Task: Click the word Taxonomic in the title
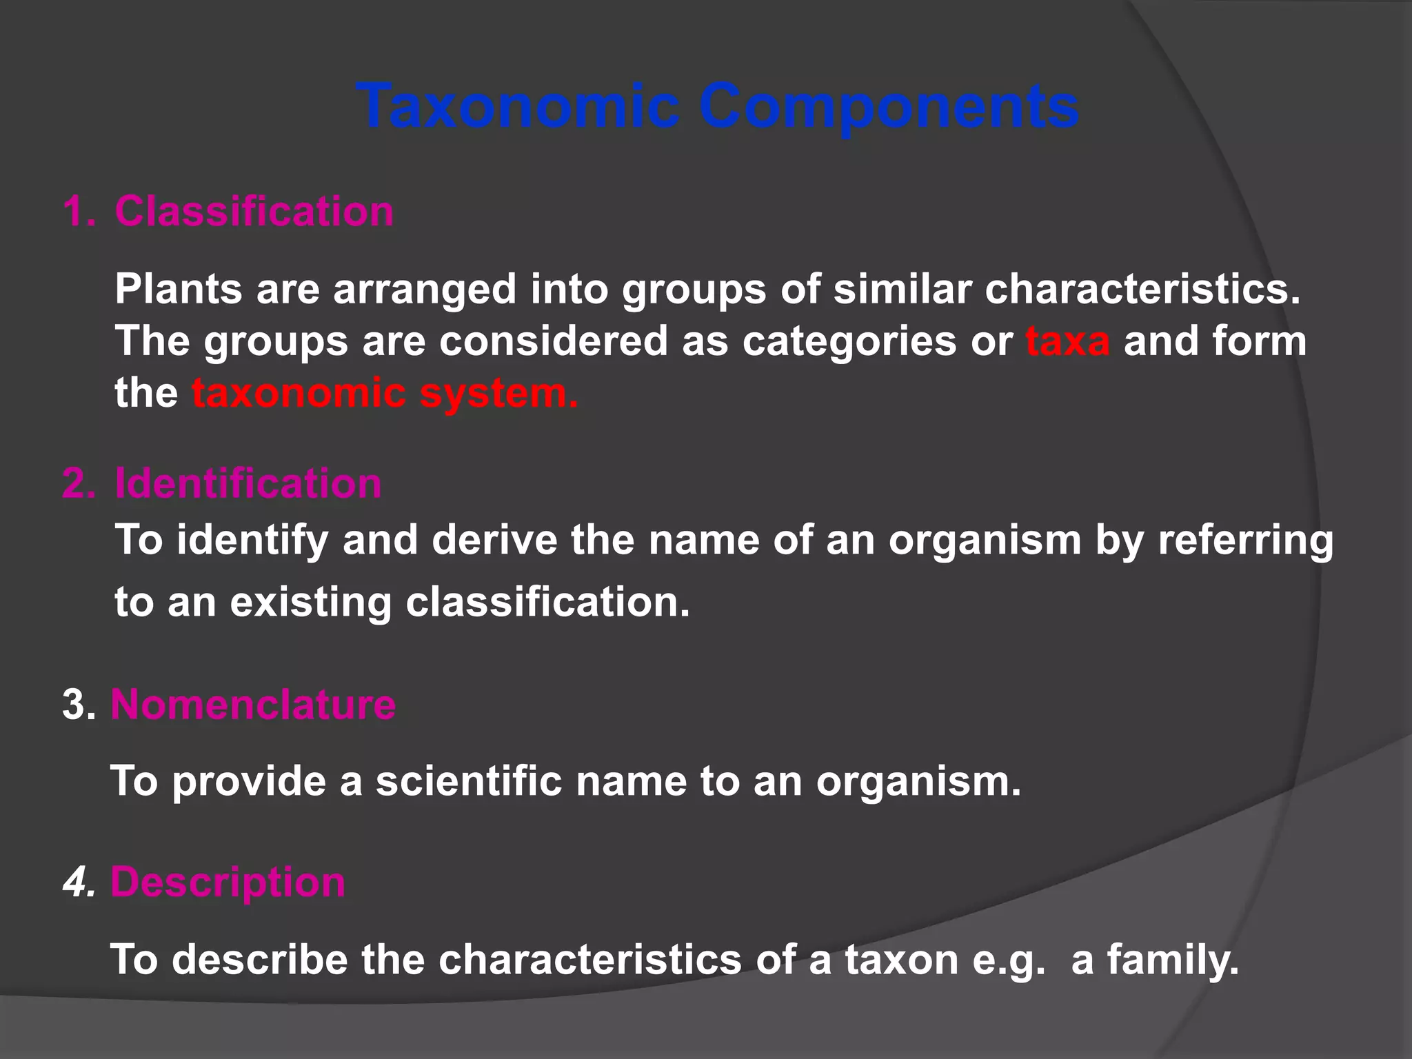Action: pyautogui.click(x=517, y=107)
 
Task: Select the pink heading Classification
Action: pyautogui.click(x=254, y=211)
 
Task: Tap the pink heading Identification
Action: pyautogui.click(x=248, y=483)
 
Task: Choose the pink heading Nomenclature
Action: pyautogui.click(x=253, y=705)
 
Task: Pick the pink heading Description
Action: pyautogui.click(x=228, y=882)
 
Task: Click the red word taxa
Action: pyautogui.click(x=1067, y=341)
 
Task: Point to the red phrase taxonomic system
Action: pyautogui.click(x=385, y=393)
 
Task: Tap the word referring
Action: pyautogui.click(x=1245, y=539)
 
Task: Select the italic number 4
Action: pyautogui.click(x=79, y=882)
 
